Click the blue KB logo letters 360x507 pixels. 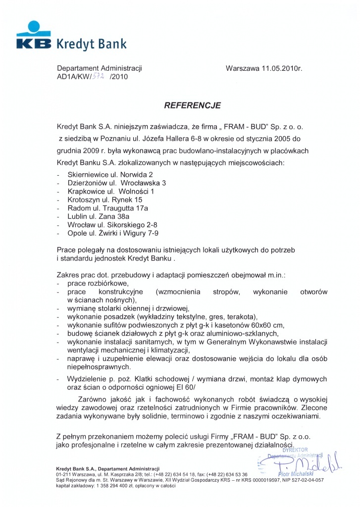(x=33, y=43)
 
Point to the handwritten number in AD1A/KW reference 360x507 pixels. (x=101, y=77)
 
